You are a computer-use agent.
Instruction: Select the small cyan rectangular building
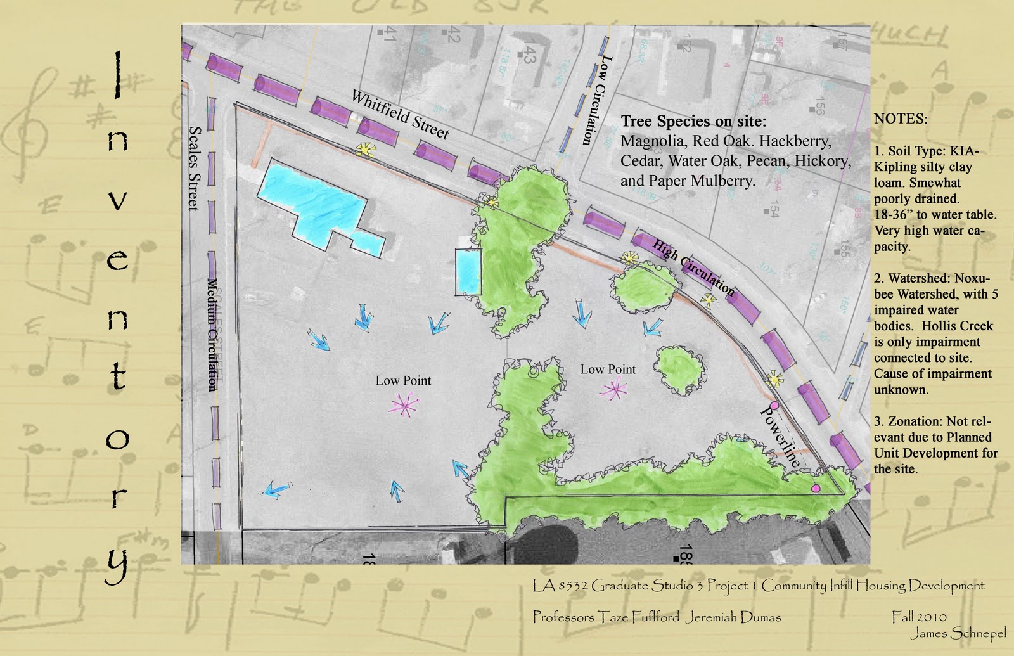468,271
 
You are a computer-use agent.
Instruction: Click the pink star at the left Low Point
404,405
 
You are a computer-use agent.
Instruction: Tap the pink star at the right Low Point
613,389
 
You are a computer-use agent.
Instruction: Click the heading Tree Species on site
693,121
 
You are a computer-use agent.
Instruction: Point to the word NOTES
900,119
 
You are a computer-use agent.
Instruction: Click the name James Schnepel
958,633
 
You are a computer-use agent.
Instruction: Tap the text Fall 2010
919,616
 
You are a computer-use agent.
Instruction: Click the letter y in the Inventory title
118,563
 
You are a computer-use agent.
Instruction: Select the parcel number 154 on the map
772,210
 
